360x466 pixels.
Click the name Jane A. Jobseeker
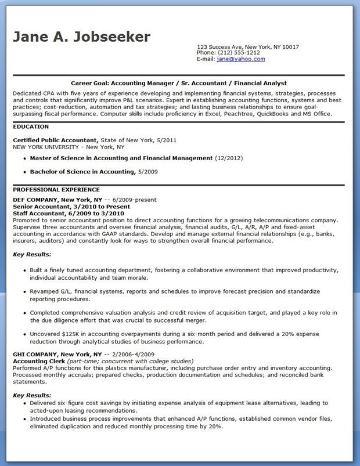click(81, 37)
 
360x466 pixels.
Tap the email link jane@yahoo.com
click(240, 59)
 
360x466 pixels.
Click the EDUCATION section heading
click(30, 126)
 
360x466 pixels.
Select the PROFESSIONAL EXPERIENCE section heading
click(56, 190)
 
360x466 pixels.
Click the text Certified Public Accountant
click(55, 140)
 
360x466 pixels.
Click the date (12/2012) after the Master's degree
click(229, 158)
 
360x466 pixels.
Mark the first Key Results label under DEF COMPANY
click(32, 254)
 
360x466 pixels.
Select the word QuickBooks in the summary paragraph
click(281, 114)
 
